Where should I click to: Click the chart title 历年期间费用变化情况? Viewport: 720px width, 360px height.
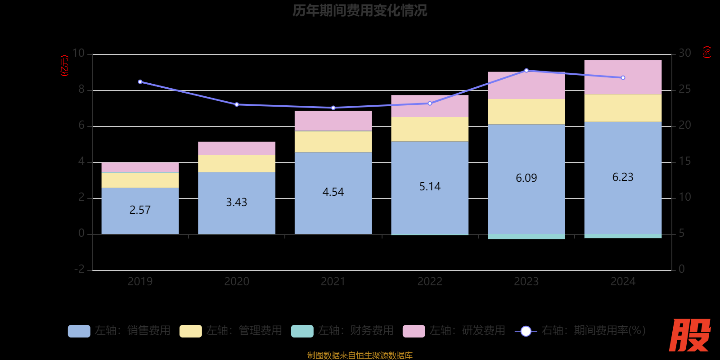tap(360, 10)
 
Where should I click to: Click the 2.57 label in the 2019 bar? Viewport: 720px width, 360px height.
tap(140, 210)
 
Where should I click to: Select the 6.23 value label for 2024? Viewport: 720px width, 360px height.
tap(623, 177)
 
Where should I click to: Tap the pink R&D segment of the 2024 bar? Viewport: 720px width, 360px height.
tap(623, 77)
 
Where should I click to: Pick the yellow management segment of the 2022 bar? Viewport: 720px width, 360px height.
tap(430, 129)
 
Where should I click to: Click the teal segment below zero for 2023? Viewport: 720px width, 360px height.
tap(526, 236)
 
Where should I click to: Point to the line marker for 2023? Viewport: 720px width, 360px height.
tap(526, 71)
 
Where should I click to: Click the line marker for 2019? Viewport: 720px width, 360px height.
tap(140, 82)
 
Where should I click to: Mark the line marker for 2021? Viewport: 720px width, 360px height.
tap(333, 108)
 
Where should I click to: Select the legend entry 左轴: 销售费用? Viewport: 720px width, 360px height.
tap(119, 331)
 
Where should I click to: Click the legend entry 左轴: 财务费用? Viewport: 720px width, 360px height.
tap(342, 331)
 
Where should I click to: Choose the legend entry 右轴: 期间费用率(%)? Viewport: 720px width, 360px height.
tap(580, 331)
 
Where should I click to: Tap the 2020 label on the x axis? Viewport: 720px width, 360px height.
tap(237, 282)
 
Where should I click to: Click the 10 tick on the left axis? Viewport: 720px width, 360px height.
tap(79, 54)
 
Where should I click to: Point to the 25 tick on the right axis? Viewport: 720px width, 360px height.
tap(684, 90)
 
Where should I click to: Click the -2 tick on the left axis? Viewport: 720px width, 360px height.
tap(80, 269)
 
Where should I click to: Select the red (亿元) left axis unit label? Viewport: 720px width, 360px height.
tap(65, 66)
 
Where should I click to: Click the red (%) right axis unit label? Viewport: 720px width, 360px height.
tap(707, 52)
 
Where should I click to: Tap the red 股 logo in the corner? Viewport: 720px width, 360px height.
tap(689, 335)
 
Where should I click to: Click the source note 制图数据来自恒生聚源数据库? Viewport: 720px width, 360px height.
tap(360, 355)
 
